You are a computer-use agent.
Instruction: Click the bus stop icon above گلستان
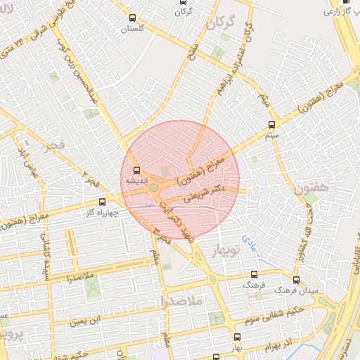(x=133, y=18)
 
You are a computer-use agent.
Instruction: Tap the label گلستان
(x=132, y=29)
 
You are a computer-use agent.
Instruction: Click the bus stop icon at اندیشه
(x=136, y=169)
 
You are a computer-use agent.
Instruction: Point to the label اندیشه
(x=135, y=181)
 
